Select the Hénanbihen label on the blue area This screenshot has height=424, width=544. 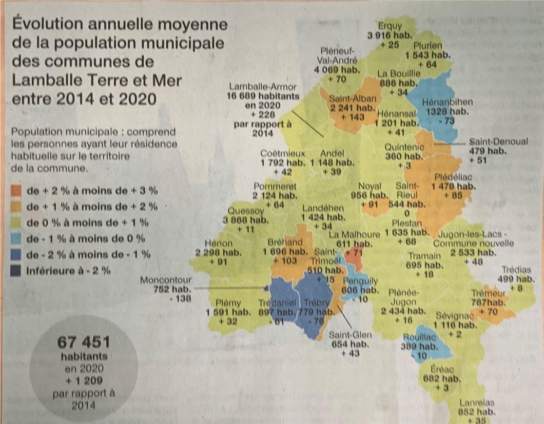click(447, 102)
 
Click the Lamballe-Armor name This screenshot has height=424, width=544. click(262, 86)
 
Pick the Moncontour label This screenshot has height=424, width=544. click(165, 280)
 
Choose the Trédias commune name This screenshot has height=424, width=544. click(516, 269)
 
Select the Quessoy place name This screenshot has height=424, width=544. click(246, 210)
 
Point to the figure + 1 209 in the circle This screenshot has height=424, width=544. click(85, 381)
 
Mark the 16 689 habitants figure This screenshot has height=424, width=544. click(264, 95)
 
